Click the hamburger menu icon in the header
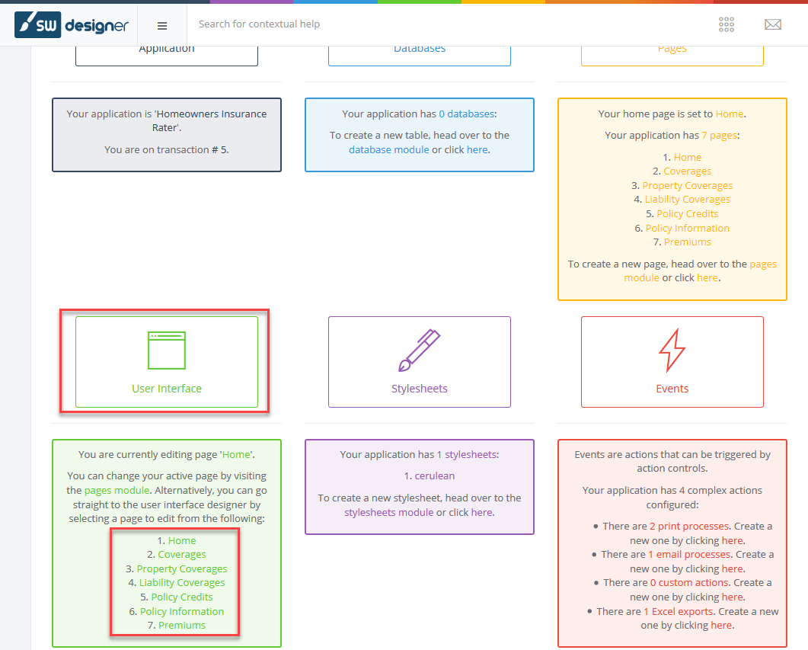pos(161,26)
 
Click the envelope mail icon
pos(772,24)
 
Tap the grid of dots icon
pos(726,24)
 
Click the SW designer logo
pos(72,24)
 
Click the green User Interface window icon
pos(167,351)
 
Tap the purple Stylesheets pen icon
pos(419,350)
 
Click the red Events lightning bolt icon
pos(672,350)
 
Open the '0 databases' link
pos(466,114)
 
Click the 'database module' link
pos(389,149)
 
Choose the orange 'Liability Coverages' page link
pos(688,200)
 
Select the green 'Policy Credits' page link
pos(182,597)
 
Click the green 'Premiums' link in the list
pos(182,626)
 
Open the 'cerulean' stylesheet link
pos(435,475)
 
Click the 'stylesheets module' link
pos(389,512)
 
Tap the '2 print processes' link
pos(689,527)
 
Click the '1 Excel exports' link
pos(678,611)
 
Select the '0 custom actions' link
pos(689,582)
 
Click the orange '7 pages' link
pos(720,135)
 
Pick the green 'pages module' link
pos(117,490)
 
